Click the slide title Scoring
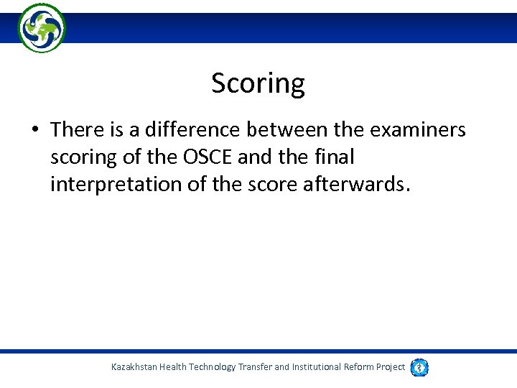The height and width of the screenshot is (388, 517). tap(258, 84)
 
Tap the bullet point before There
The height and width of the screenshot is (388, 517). tap(35, 131)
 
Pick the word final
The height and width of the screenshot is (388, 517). tap(333, 157)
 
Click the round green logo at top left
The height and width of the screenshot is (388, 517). tap(42, 27)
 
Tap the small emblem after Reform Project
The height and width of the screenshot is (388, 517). tap(419, 367)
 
